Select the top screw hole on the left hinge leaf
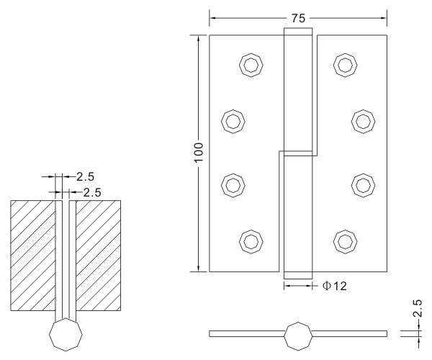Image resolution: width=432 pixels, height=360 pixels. pyautogui.click(x=250, y=66)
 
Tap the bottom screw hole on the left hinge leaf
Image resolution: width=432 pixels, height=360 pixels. pyautogui.click(x=250, y=239)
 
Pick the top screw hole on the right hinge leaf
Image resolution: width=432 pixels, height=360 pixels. pyautogui.click(x=344, y=66)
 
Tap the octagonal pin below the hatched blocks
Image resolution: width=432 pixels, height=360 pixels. pyautogui.click(x=66, y=336)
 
